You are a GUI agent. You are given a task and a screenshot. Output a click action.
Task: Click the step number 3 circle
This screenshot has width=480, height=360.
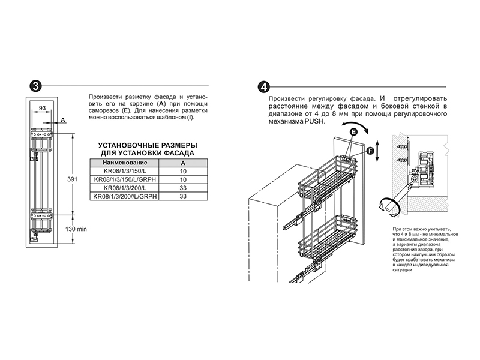pos(35,86)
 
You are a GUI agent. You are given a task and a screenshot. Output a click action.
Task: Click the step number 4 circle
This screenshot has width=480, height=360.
pos(263,87)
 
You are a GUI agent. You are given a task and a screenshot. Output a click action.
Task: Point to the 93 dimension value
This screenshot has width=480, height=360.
pos(42,108)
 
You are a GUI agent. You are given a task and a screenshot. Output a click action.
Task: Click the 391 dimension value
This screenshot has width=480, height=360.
pos(72,179)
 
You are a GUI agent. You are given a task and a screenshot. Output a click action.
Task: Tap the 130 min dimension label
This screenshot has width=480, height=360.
pos(76,229)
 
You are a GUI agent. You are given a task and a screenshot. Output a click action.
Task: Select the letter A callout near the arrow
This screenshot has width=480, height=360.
pos(63,119)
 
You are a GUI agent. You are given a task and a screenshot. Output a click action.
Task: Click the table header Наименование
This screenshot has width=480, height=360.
pos(125,163)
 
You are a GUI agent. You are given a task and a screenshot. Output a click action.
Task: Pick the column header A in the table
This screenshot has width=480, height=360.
pos(183,163)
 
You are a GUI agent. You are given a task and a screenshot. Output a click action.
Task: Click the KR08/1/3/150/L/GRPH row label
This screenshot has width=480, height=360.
pos(125,179)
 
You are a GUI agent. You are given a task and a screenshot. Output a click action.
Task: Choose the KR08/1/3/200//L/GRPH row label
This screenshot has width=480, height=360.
pos(125,196)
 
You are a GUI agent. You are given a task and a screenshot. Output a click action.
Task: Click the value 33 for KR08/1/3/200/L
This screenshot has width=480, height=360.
pos(183,188)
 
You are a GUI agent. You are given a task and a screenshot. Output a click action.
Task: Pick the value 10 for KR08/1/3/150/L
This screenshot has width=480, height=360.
pos(183,171)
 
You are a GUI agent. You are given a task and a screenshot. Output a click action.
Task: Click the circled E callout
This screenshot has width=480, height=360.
pos(353,132)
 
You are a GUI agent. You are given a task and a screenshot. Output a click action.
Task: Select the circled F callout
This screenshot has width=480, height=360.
pos(370,151)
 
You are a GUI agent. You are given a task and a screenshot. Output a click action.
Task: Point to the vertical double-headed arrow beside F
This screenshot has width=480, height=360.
pos(378,151)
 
